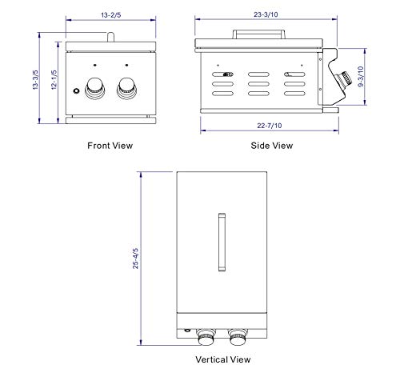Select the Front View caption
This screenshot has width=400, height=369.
[x=110, y=146]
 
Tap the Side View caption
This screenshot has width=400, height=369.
[x=272, y=146]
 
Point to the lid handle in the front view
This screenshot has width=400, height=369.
[x=110, y=35]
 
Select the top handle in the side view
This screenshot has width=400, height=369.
[x=258, y=33]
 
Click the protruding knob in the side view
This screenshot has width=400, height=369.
[x=344, y=78]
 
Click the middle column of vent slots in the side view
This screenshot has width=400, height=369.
[x=258, y=82]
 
